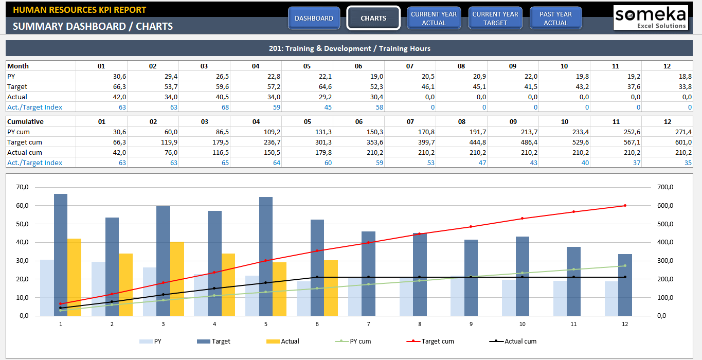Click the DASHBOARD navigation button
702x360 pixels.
pos(314,18)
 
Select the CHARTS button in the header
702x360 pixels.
pos(373,18)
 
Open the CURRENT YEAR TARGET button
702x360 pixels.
pos(495,18)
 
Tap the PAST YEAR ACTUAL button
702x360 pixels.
pos(555,18)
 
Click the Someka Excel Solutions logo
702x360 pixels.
pos(651,18)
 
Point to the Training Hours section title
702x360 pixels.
pos(350,48)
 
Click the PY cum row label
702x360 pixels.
pos(19,132)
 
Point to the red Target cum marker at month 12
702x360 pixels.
pos(625,205)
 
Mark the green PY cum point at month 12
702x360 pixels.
pos(625,266)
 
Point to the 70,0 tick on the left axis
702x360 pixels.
pos(22,187)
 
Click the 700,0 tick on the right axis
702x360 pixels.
pos(665,187)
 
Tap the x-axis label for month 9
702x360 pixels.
pos(471,324)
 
